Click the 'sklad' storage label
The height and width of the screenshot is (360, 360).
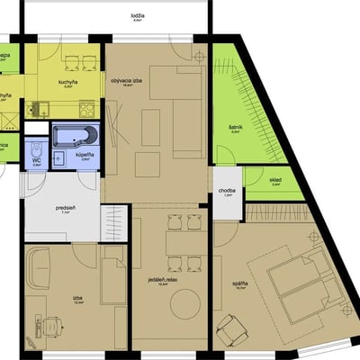(x=274, y=180)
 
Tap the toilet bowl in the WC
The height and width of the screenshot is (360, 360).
(x=37, y=149)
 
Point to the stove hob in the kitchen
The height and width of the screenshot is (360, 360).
(x=86, y=109)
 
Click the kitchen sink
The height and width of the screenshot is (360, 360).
(x=39, y=109)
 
